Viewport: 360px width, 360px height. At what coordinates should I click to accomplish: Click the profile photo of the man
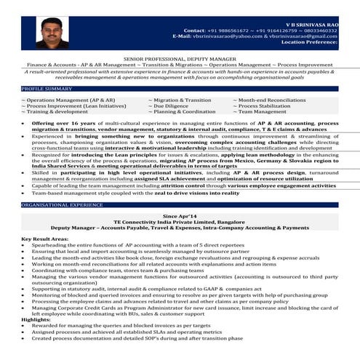click(52, 33)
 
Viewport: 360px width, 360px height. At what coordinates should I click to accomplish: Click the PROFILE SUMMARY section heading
click(47, 88)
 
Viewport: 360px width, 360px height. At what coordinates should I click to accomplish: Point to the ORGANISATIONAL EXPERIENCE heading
click(62, 206)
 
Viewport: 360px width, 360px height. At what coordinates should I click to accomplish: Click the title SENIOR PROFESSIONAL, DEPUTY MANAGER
click(180, 57)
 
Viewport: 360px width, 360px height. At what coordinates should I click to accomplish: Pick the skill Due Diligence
click(171, 106)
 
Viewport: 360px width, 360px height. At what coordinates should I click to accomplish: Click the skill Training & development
click(55, 112)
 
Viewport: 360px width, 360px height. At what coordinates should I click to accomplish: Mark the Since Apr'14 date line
click(180, 217)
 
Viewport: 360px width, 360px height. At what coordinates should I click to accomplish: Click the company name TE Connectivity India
click(180, 223)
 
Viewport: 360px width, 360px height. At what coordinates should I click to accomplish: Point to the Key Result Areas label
click(47, 239)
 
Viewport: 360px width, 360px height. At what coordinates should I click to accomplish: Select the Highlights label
click(36, 319)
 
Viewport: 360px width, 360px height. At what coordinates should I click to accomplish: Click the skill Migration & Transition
click(182, 100)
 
